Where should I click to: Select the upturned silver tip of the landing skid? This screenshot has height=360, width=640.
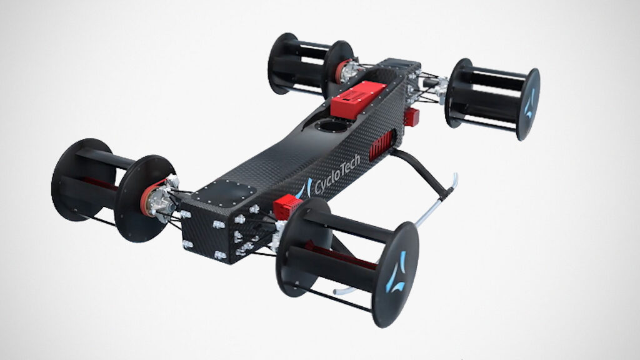(x=454, y=181)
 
